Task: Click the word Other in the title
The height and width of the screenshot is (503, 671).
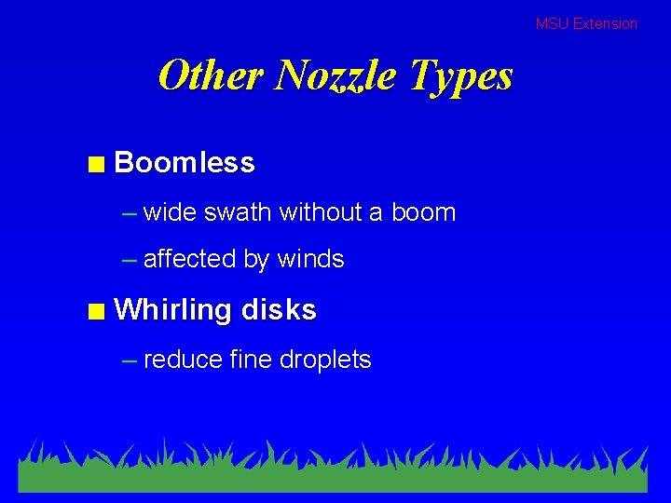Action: click(x=211, y=75)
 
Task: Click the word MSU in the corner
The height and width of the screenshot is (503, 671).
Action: click(x=552, y=23)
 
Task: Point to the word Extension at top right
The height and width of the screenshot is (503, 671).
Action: click(x=605, y=23)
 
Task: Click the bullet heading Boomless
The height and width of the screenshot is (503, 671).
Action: click(x=185, y=163)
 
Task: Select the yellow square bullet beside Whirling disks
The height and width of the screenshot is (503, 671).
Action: click(x=95, y=313)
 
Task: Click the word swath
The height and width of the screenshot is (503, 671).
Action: click(x=238, y=212)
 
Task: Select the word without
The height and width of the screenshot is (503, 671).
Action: click(x=319, y=212)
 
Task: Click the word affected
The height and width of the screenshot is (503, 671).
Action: click(x=190, y=259)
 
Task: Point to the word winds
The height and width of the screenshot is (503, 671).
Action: click(x=310, y=259)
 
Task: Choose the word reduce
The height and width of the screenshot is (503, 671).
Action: click(x=183, y=360)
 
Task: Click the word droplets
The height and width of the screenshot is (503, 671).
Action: click(x=325, y=360)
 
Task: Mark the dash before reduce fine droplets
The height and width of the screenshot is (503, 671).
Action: click(x=130, y=360)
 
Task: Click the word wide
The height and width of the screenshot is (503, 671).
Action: click(x=171, y=212)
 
